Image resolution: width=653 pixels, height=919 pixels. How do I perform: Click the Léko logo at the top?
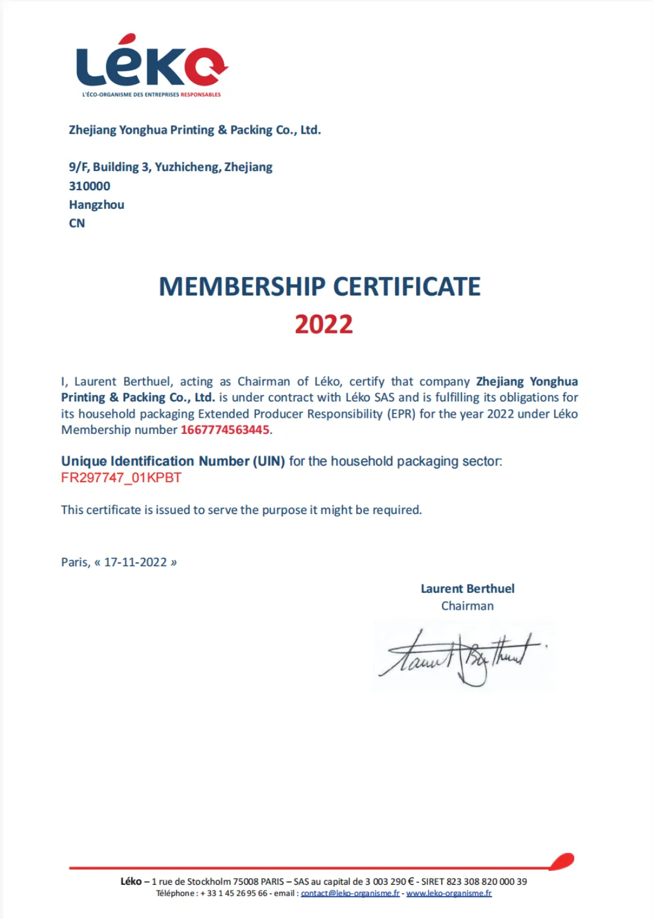pyautogui.click(x=152, y=65)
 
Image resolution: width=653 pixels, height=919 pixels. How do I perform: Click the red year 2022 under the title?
pyautogui.click(x=323, y=324)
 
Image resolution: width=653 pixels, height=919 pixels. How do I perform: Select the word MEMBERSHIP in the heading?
pyautogui.click(x=242, y=287)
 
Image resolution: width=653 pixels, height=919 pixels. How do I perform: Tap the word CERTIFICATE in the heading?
pyautogui.click(x=407, y=287)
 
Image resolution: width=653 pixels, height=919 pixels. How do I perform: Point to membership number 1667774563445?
pyautogui.click(x=225, y=430)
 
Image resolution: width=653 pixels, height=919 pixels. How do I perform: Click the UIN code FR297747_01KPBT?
pyautogui.click(x=121, y=478)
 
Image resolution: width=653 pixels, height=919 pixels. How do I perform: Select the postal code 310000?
pyautogui.click(x=90, y=186)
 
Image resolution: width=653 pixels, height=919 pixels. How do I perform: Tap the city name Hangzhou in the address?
pyautogui.click(x=97, y=205)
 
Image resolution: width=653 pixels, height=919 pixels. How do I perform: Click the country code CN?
pyautogui.click(x=77, y=223)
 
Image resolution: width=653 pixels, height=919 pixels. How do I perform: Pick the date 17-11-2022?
pyautogui.click(x=135, y=562)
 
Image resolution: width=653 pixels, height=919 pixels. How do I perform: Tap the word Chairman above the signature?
pyautogui.click(x=467, y=606)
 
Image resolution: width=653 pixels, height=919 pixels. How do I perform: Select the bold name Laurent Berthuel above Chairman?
pyautogui.click(x=467, y=589)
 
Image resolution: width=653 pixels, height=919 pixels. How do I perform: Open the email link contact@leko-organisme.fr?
pyautogui.click(x=350, y=893)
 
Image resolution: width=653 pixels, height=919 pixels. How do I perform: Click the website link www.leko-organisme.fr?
pyautogui.click(x=449, y=893)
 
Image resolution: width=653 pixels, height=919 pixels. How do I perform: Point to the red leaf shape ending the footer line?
pyautogui.click(x=562, y=862)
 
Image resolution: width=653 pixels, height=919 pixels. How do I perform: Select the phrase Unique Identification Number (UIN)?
pyautogui.click(x=173, y=462)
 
